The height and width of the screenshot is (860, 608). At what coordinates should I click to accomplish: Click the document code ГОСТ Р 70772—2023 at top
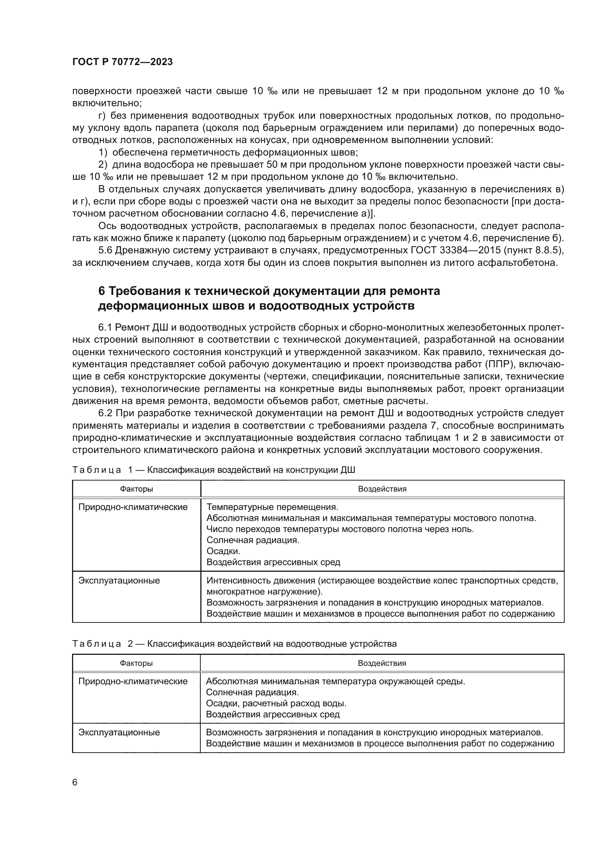coord(122,62)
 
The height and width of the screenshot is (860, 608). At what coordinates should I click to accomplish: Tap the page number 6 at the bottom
coord(75,782)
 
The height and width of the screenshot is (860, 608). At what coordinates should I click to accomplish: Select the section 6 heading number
coord(101,291)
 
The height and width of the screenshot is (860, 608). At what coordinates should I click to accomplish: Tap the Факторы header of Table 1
coord(136,489)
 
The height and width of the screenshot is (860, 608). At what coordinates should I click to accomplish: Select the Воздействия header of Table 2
coord(382,663)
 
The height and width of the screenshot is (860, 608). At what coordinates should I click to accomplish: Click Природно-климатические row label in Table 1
coord(133,507)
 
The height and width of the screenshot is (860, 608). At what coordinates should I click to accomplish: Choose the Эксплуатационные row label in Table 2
coord(119,733)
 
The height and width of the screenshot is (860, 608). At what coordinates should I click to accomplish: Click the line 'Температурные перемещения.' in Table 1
coord(272,507)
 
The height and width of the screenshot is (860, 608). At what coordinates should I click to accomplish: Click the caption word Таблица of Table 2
coord(97,644)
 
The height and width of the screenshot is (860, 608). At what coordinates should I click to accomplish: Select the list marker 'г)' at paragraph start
coord(101,116)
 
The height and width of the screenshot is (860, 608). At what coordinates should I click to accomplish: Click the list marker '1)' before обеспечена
coord(103,153)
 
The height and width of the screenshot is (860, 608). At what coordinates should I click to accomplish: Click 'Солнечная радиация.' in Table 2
coord(252,692)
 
